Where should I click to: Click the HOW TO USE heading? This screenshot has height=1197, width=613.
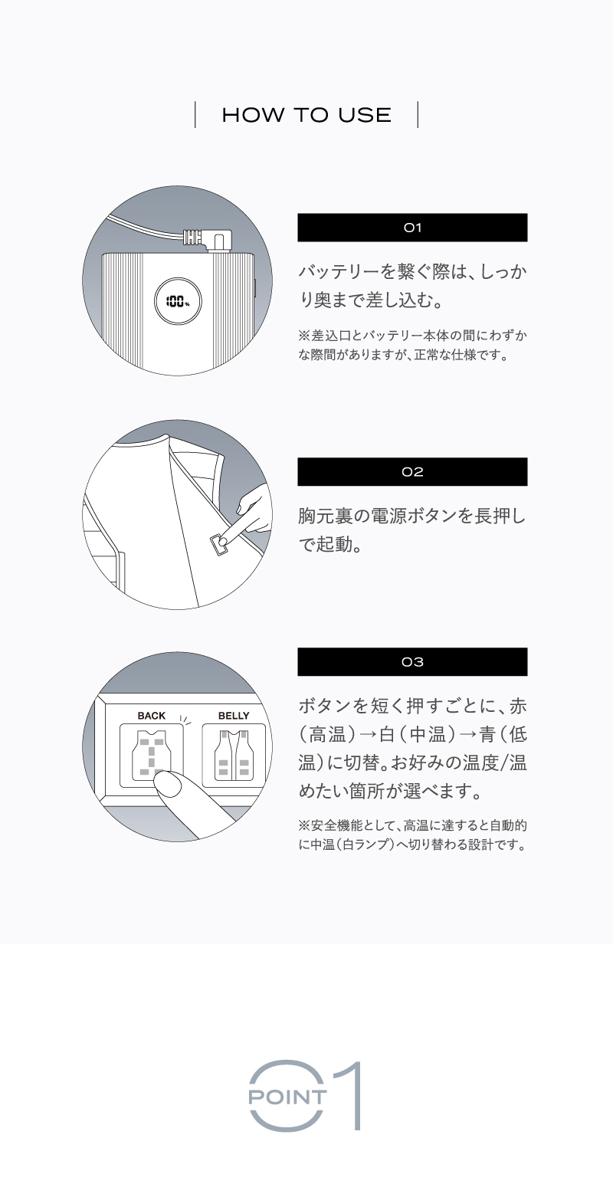coord(306,115)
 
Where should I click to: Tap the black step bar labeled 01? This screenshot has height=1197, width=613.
coord(412,228)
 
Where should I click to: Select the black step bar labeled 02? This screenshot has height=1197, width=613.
coord(412,472)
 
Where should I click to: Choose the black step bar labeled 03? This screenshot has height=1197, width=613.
coord(412,662)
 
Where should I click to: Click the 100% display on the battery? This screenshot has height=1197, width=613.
coord(178,302)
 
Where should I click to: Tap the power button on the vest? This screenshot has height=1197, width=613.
coord(219,545)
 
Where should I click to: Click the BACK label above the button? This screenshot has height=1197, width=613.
coord(151,716)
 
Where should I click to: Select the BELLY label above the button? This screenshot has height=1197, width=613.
coord(234,716)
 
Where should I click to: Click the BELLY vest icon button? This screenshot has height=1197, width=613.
coord(234,756)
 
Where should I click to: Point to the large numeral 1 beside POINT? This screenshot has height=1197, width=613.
coord(351,1096)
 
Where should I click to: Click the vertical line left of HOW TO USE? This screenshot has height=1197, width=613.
coord(195,115)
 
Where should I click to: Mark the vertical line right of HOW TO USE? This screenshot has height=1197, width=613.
coord(418,115)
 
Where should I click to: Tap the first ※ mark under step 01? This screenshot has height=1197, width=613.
coord(304,336)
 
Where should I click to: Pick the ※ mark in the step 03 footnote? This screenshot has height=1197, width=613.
coord(304,825)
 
